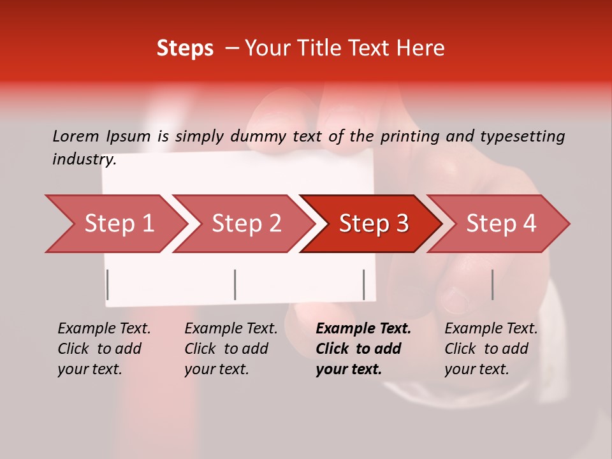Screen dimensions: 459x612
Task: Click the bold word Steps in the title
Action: (x=185, y=48)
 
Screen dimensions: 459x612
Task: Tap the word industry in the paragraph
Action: (x=84, y=159)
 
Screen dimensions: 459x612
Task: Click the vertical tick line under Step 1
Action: (x=108, y=284)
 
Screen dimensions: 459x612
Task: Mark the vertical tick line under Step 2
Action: (x=235, y=284)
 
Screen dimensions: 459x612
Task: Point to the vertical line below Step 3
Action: (x=363, y=284)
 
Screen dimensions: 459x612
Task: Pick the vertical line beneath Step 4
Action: (x=492, y=284)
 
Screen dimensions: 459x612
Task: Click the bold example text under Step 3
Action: (x=363, y=349)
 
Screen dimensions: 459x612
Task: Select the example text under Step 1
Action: (x=104, y=349)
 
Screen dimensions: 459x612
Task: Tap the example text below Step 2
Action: (x=231, y=349)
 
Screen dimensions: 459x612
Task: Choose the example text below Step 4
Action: (x=491, y=349)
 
